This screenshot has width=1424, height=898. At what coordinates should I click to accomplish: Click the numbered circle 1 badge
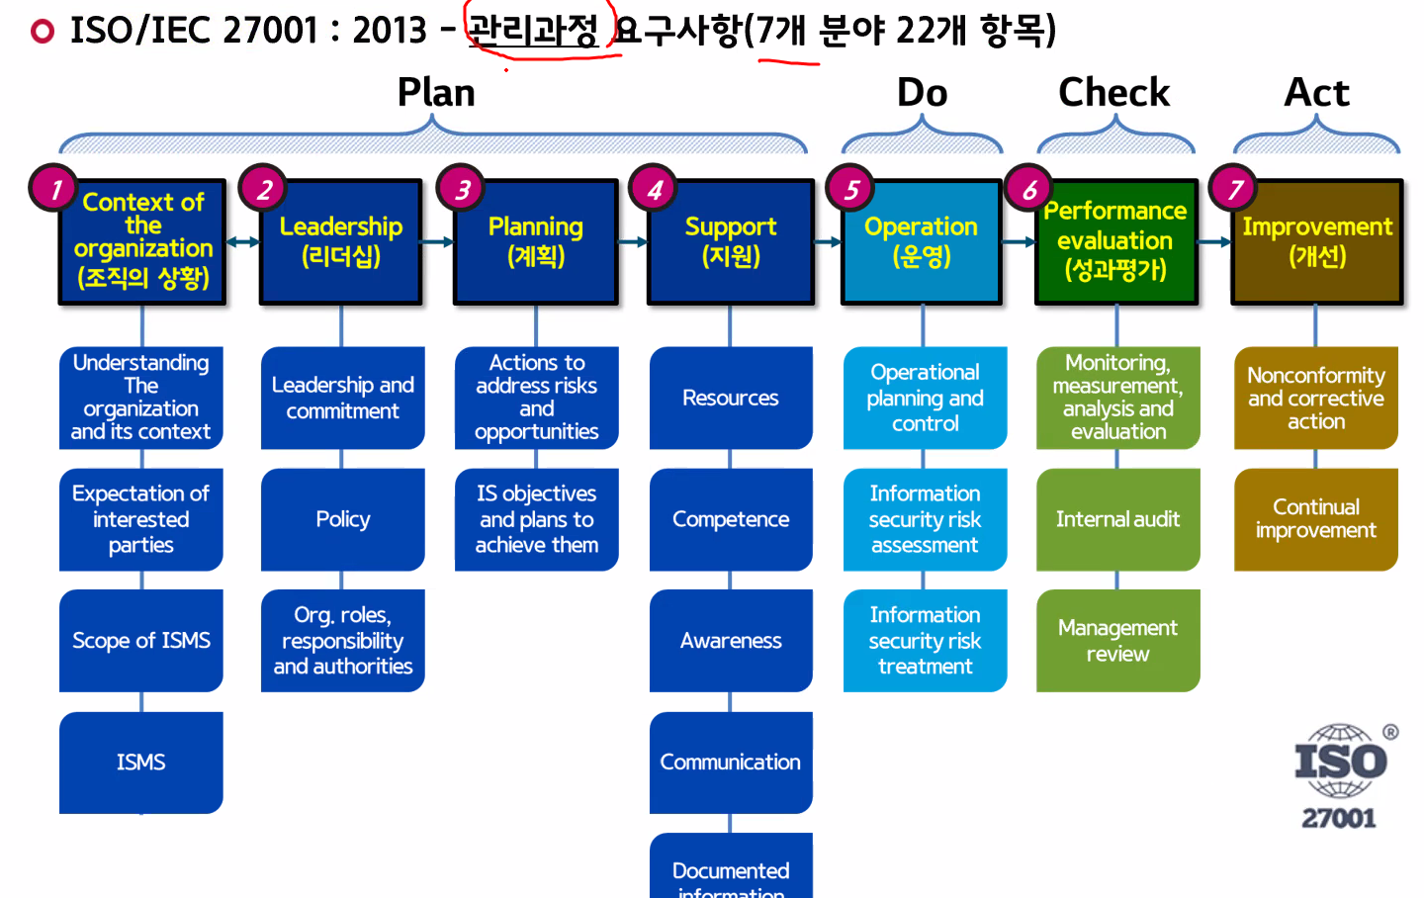pos(54,188)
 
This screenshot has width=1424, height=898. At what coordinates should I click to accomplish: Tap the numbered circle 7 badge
pos(1234,188)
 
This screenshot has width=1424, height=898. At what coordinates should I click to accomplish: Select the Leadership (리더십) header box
pos(341,241)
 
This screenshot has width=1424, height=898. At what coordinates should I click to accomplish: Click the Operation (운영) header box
pos(922,241)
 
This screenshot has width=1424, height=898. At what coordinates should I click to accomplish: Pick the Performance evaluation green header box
pos(1115,241)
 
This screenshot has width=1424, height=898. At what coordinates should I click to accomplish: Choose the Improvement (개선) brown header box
pos(1317,241)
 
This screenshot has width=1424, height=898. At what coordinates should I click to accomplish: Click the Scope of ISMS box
pos(141,641)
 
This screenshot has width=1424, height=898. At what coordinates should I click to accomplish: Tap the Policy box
pos(342,519)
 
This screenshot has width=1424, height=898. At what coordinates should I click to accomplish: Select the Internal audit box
pos(1117,519)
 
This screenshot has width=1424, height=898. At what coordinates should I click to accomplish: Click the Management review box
pos(1117,641)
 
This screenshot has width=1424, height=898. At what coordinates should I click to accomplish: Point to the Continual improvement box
pos(1315,519)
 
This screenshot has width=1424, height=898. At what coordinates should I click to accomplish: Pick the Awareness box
pos(731,641)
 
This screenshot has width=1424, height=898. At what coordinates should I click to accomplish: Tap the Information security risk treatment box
pos(925,641)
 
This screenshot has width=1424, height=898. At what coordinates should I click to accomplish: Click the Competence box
pos(731,519)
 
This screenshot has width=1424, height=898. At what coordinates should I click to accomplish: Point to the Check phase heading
pos(1113,93)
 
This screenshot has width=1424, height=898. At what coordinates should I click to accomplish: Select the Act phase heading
pos(1316,93)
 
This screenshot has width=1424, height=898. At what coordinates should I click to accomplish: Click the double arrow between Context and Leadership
pos(242,241)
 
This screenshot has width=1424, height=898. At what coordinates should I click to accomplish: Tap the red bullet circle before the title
pos(43,32)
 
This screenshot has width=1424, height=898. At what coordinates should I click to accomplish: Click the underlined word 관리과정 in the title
pos(533,31)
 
